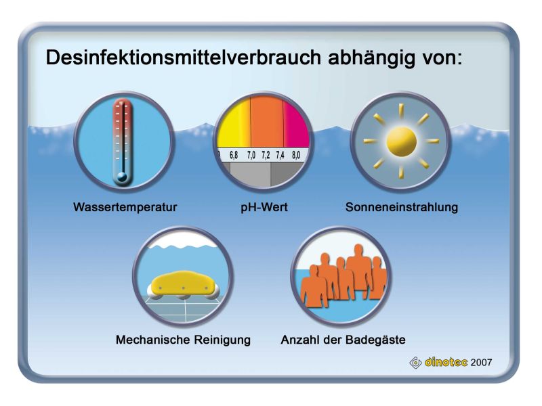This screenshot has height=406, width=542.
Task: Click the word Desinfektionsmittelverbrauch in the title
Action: tap(184, 58)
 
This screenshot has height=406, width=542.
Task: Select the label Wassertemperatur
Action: tap(125, 207)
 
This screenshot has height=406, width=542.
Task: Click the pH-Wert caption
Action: tap(264, 207)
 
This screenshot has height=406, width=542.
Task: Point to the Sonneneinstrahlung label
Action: tap(402, 207)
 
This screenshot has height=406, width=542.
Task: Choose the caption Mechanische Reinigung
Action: tap(183, 340)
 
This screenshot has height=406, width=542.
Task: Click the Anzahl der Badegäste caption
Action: tap(343, 340)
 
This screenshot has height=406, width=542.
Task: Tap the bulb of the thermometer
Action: tap(122, 177)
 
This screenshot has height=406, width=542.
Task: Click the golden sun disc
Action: tap(401, 141)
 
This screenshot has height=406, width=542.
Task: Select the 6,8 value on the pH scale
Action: tap(234, 156)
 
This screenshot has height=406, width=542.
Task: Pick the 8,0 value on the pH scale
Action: tap(296, 156)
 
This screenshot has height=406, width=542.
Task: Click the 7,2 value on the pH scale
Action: tap(266, 156)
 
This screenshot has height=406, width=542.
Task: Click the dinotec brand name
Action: tap(446, 362)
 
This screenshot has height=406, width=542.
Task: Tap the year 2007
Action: tap(481, 363)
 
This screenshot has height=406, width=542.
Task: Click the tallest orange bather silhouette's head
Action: tap(358, 250)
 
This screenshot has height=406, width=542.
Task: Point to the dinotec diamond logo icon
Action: tap(415, 363)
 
